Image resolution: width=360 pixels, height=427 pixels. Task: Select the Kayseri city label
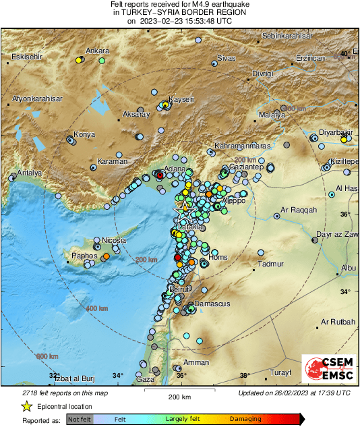coord(180,99)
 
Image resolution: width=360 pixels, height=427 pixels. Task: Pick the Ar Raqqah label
coord(299,210)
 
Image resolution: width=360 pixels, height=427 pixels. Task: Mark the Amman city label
coord(196,362)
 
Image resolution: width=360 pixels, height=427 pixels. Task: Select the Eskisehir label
coord(27,57)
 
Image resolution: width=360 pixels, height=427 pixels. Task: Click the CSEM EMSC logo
coord(326,371)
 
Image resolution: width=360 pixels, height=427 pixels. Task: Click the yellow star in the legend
coord(26,407)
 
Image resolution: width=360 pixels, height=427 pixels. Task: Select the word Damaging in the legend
coord(245,419)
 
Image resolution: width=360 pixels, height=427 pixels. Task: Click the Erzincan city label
coord(311,59)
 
